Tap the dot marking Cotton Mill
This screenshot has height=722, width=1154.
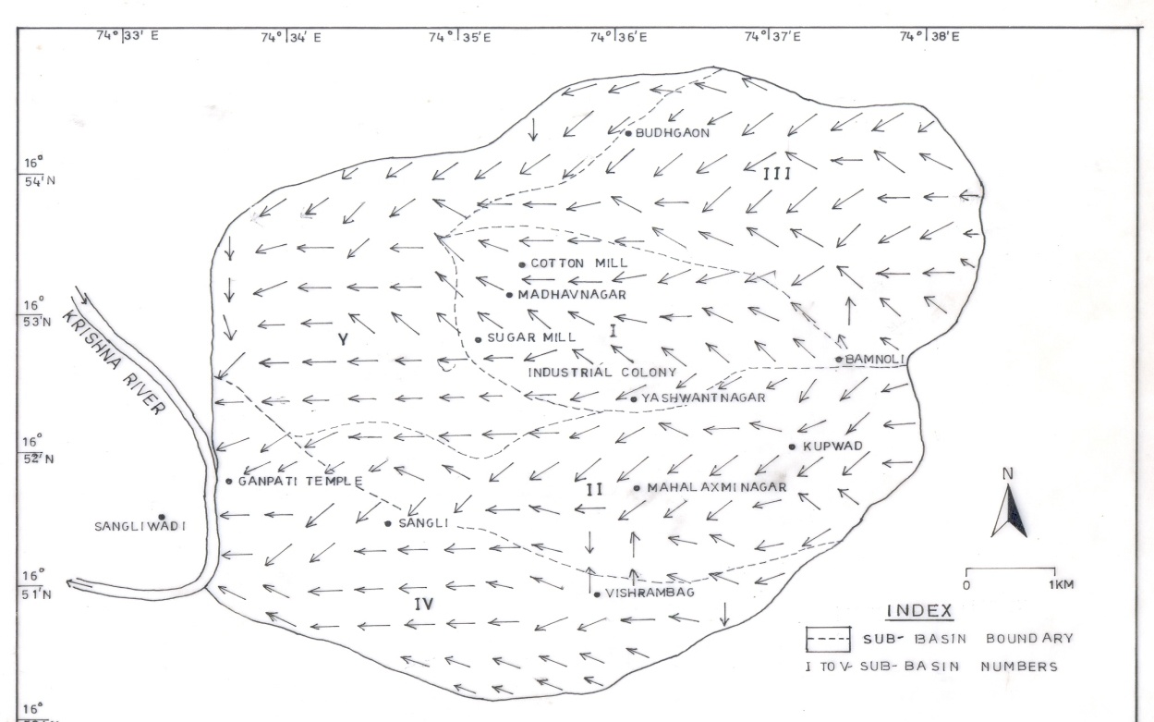(x=522, y=264)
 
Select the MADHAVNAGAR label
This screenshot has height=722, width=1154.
(x=573, y=295)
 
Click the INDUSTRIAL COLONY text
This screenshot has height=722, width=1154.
(x=601, y=373)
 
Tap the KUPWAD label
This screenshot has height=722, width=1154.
(x=832, y=447)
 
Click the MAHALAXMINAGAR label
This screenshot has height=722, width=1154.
(x=716, y=487)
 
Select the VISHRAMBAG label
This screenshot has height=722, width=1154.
(x=650, y=594)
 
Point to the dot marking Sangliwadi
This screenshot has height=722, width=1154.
(x=162, y=517)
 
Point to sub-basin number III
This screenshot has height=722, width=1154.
(x=774, y=173)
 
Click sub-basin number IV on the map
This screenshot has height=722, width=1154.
(x=423, y=605)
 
